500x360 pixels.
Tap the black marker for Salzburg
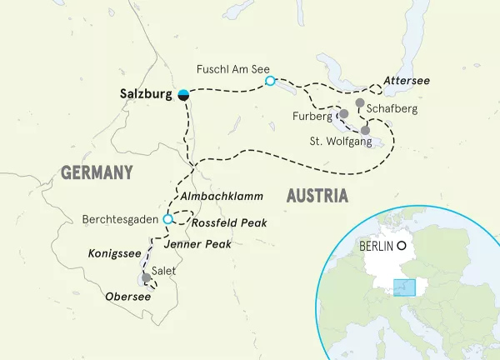click(x=183, y=95)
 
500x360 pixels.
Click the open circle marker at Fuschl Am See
click(x=269, y=80)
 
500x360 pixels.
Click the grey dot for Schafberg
click(x=359, y=103)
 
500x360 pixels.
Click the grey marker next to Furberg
click(x=343, y=113)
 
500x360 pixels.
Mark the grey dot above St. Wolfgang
click(x=365, y=130)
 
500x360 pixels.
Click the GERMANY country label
click(x=97, y=172)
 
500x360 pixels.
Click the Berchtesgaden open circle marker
click(x=167, y=219)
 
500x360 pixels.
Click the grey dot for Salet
click(x=146, y=277)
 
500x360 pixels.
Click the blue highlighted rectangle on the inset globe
click(x=404, y=287)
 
